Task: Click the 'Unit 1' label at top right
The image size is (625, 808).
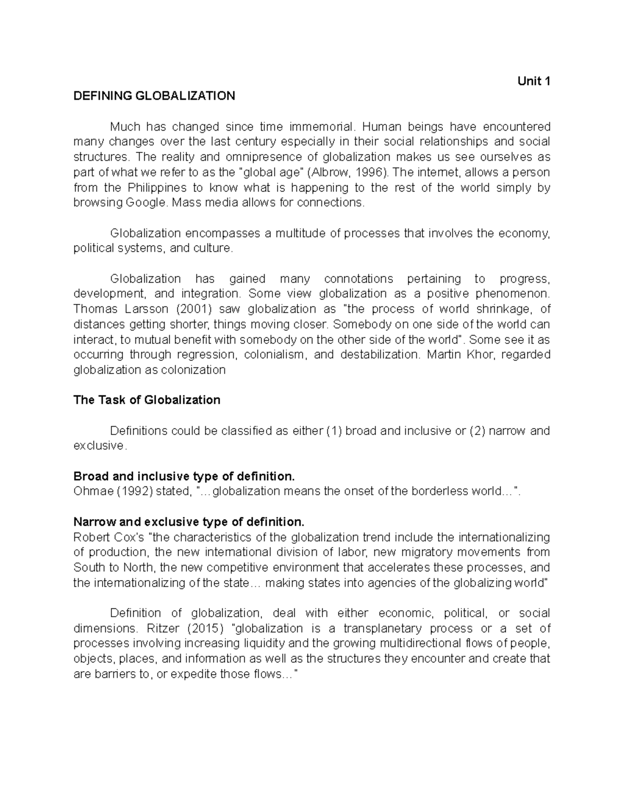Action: coord(533,81)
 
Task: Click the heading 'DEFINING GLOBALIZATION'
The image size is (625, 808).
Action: coord(154,96)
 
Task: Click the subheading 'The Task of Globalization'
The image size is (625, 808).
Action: coord(147,400)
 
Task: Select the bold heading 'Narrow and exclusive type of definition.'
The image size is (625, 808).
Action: coord(188,522)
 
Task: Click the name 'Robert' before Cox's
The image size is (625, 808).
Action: coord(90,537)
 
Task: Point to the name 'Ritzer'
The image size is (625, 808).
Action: coord(165,629)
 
